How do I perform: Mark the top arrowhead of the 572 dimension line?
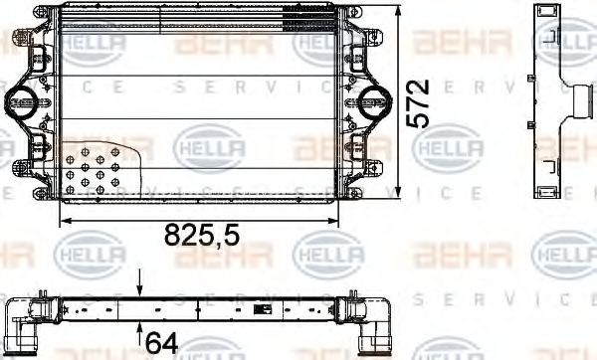400,10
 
